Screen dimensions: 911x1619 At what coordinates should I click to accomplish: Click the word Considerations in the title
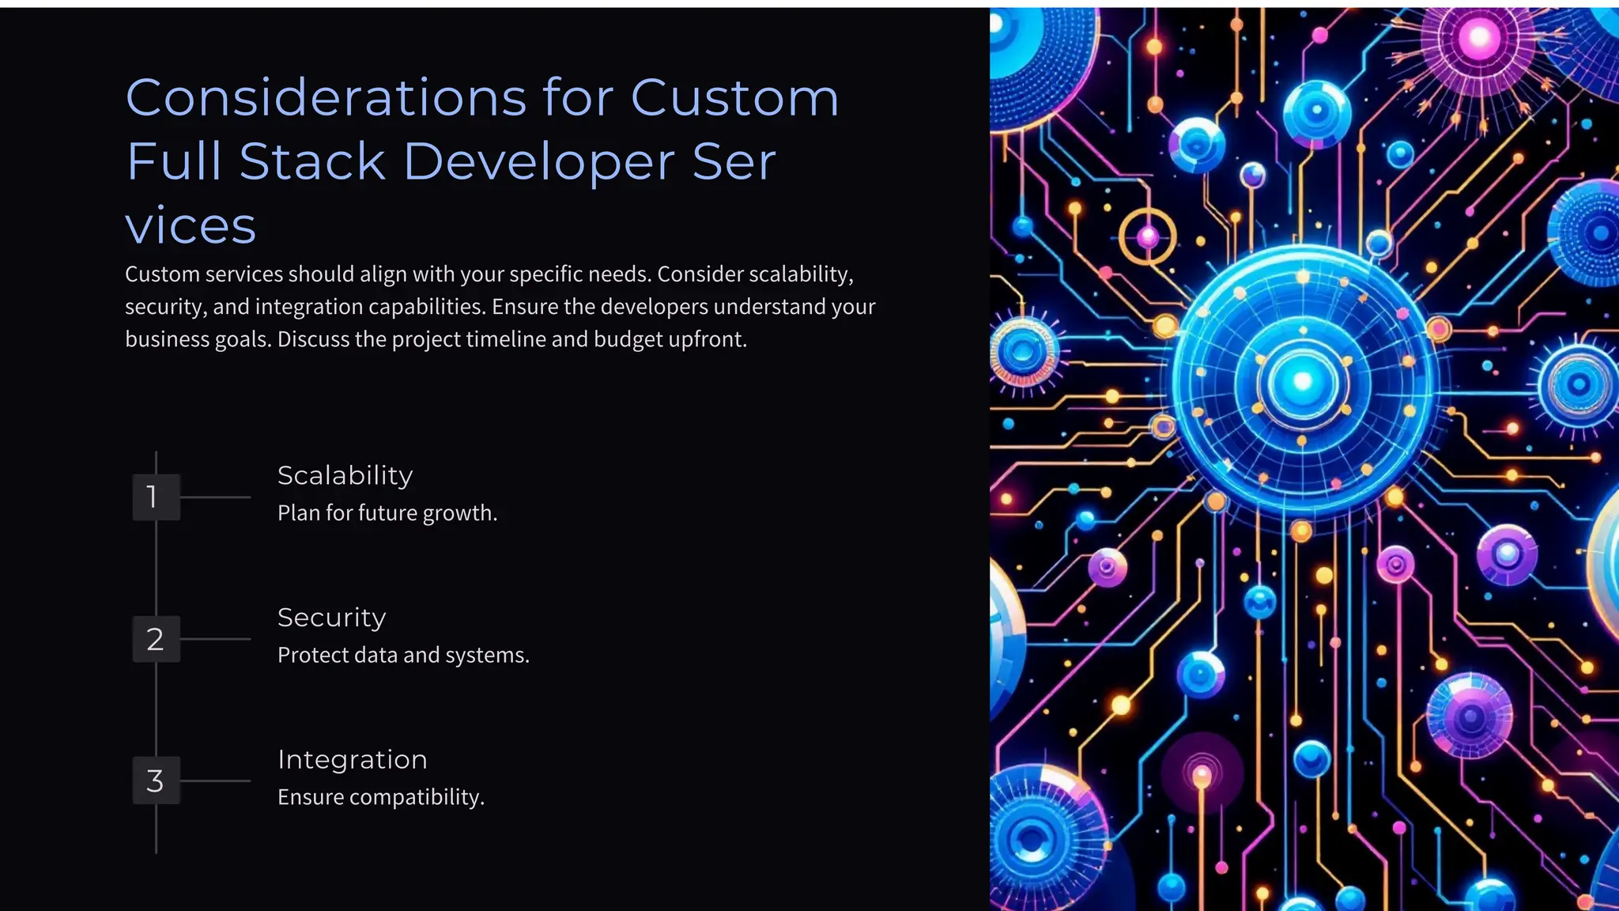click(x=325, y=98)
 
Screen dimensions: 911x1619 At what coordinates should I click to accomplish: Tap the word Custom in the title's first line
click(x=734, y=98)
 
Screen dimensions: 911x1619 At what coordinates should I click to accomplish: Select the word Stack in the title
click(x=312, y=162)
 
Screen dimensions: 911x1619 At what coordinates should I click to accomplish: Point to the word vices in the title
click(x=191, y=226)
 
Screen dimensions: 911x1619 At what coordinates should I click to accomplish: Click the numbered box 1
click(x=156, y=497)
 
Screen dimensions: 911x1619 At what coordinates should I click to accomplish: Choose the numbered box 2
click(x=156, y=639)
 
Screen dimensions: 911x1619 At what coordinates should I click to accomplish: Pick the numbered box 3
click(x=156, y=781)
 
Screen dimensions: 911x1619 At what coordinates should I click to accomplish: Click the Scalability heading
click(x=345, y=475)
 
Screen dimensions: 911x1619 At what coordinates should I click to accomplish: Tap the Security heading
click(x=331, y=618)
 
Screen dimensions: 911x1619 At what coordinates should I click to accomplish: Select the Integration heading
click(x=352, y=760)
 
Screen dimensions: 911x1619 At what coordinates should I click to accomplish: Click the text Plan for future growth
click(x=387, y=513)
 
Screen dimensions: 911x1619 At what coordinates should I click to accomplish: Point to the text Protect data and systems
click(x=403, y=656)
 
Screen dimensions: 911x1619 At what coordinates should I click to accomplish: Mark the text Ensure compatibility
click(x=380, y=797)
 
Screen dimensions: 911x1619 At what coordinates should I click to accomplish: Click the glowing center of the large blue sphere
click(x=1302, y=383)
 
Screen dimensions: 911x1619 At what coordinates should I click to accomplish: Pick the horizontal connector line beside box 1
click(x=215, y=497)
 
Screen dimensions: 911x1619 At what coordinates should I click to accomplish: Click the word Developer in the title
click(x=538, y=162)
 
